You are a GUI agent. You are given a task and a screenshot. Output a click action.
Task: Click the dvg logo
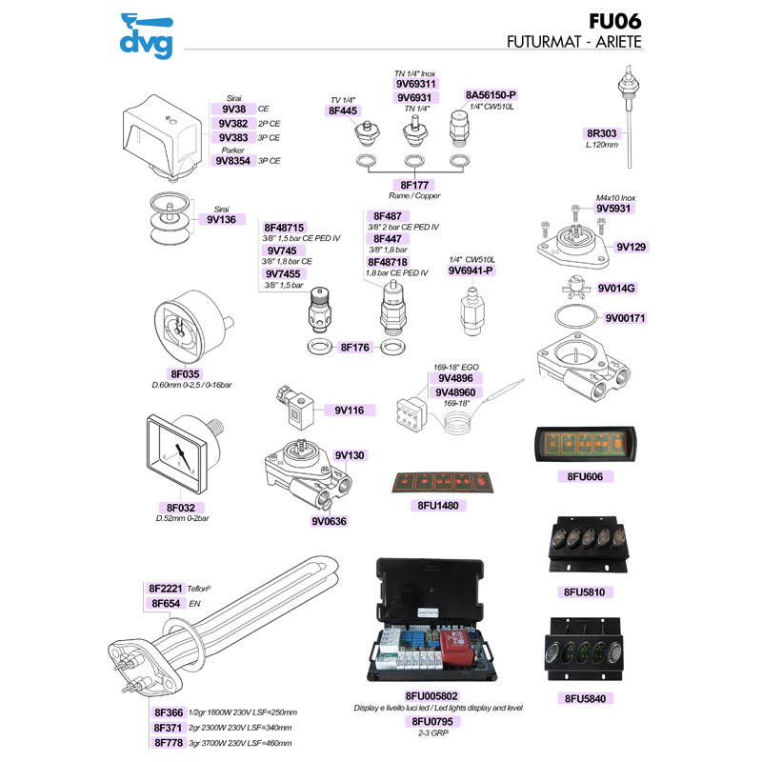[147, 36]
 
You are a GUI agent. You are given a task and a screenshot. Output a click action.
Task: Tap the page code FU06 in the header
[614, 21]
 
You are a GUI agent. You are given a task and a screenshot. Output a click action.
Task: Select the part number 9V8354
[232, 161]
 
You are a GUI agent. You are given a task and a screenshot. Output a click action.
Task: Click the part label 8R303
[602, 133]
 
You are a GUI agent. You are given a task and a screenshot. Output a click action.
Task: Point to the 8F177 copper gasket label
[414, 185]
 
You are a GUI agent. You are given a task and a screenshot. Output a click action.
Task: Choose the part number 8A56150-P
[491, 95]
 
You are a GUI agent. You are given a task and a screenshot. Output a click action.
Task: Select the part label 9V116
[350, 411]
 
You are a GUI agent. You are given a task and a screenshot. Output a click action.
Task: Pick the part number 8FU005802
[431, 696]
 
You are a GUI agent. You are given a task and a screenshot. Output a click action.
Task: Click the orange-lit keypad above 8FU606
[585, 445]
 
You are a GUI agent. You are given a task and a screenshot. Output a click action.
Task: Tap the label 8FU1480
[438, 506]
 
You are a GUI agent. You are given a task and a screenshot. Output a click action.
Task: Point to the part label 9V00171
[625, 318]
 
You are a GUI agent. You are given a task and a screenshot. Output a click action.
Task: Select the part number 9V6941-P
[471, 271]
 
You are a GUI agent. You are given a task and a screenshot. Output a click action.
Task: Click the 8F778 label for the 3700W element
[169, 743]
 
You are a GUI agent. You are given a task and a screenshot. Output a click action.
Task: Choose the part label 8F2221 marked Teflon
[165, 589]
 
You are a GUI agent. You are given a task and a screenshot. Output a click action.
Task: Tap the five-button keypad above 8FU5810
[588, 544]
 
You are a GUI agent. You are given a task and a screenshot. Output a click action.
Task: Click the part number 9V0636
[329, 521]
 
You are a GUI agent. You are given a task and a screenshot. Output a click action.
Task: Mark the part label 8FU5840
[585, 699]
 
